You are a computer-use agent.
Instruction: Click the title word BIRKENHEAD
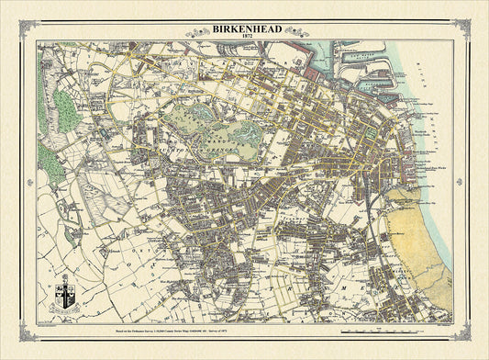(x=244, y=28)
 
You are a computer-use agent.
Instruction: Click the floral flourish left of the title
(x=198, y=32)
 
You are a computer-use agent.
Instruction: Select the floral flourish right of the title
(x=291, y=32)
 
